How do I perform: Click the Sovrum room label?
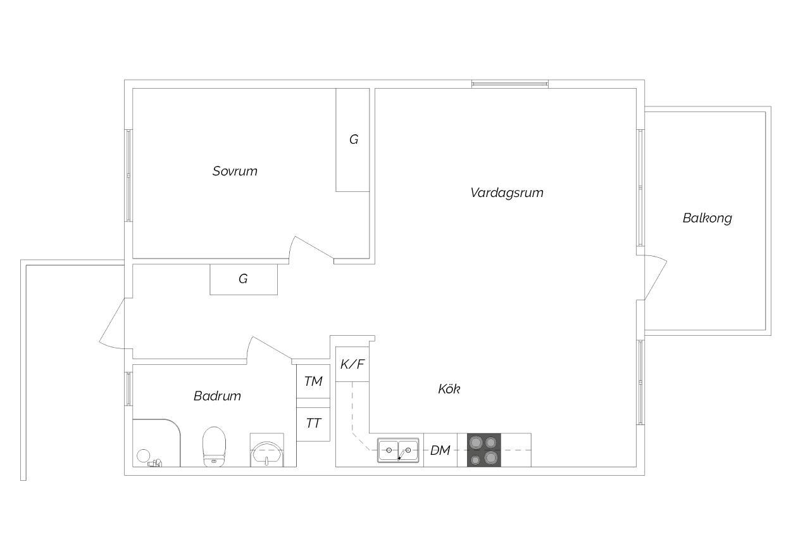235,172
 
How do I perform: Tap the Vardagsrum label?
507,193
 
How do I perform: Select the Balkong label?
707,218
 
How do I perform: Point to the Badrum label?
217,396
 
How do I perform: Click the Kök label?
449,389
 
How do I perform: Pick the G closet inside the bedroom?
352,140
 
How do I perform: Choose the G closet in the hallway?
244,279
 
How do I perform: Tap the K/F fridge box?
352,364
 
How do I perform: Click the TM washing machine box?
313,381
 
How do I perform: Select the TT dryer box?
313,424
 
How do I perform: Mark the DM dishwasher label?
440,450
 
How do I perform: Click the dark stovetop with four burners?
484,450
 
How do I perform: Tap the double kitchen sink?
398,450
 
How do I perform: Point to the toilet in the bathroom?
214,447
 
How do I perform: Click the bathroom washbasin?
266,454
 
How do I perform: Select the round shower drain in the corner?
144,455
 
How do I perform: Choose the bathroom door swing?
270,348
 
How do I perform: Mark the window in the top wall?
510,84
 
